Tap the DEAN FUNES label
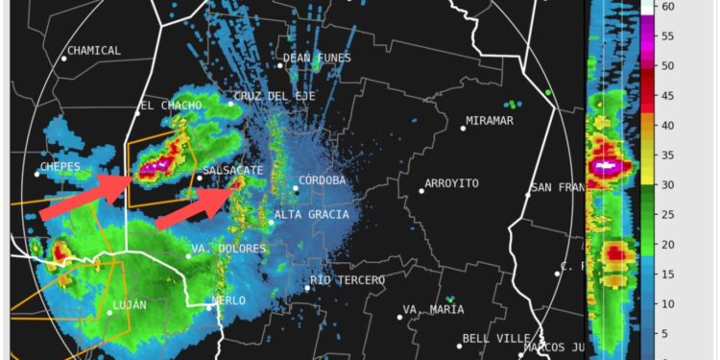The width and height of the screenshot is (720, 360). point(314,58)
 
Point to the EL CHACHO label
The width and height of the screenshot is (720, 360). point(171,105)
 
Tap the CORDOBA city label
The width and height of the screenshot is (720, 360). point(323,180)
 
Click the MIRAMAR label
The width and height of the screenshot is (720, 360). point(490,120)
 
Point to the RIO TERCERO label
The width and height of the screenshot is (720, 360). point(348,280)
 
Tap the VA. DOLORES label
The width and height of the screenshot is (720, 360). point(228,249)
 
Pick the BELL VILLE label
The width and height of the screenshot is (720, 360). point(491,338)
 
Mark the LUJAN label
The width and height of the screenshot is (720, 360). point(130,305)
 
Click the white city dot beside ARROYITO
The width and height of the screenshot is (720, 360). point(421,190)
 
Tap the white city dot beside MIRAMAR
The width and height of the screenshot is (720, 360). point(462,128)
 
